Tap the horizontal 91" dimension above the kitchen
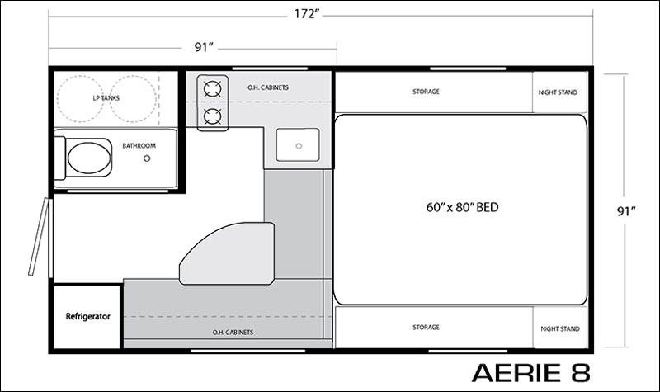pos(204,47)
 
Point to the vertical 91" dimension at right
pos(626,211)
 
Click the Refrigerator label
pos(88,316)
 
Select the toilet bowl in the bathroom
pos(89,158)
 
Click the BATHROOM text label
pos(139,146)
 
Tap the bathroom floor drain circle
pos(147,158)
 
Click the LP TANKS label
pos(106,98)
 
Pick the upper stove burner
pos(213,89)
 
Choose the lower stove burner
pos(213,116)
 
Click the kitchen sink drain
pos(299,146)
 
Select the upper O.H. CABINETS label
pos(268,87)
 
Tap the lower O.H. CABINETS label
pos(233,333)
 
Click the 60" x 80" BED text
pos(462,207)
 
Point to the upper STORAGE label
pos(426,92)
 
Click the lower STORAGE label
pos(426,327)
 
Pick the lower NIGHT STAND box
pos(560,327)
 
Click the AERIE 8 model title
pos(531,372)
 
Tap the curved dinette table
pos(236,257)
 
